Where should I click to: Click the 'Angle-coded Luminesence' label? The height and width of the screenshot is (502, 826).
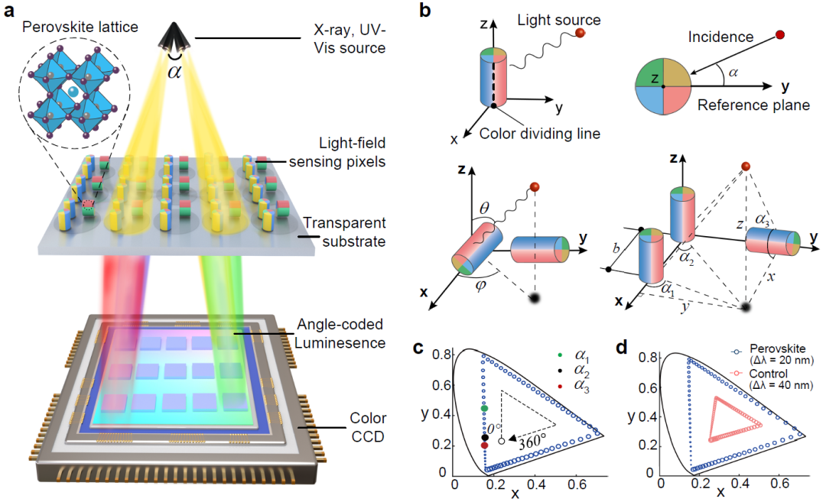point(341,334)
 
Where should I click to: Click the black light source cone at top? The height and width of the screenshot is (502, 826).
point(176,37)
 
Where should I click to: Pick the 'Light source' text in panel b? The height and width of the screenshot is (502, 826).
point(558,19)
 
